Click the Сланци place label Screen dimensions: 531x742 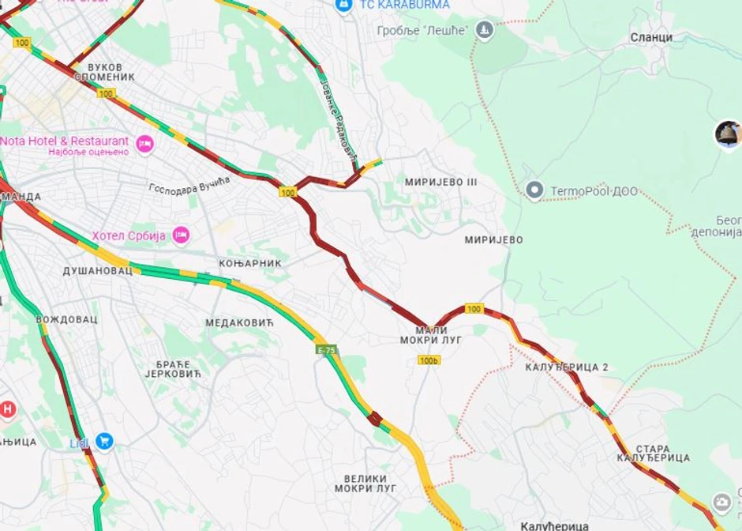pos(651,37)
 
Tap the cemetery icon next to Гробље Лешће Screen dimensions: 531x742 pos(484,31)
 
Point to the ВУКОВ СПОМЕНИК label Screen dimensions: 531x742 pos(104,72)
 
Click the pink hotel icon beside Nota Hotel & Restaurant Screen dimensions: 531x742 pos(144,143)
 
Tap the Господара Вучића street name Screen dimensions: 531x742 pos(189,185)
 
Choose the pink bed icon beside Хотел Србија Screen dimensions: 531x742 pos(182,235)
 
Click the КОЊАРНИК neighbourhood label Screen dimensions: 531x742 pos(249,262)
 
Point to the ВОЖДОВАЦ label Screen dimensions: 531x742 pos(66,319)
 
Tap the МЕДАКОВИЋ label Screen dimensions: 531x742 pos(238,322)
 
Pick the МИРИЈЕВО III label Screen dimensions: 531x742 pos(440,182)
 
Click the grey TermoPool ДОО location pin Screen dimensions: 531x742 pos(534,190)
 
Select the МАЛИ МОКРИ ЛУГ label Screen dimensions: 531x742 pos(431,335)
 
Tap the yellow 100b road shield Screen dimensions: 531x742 pos(429,360)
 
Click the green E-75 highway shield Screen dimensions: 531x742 pos(326,349)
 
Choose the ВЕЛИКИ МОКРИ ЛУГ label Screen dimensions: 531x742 pos(365,484)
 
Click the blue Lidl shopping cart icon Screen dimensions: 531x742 pos(103,441)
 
